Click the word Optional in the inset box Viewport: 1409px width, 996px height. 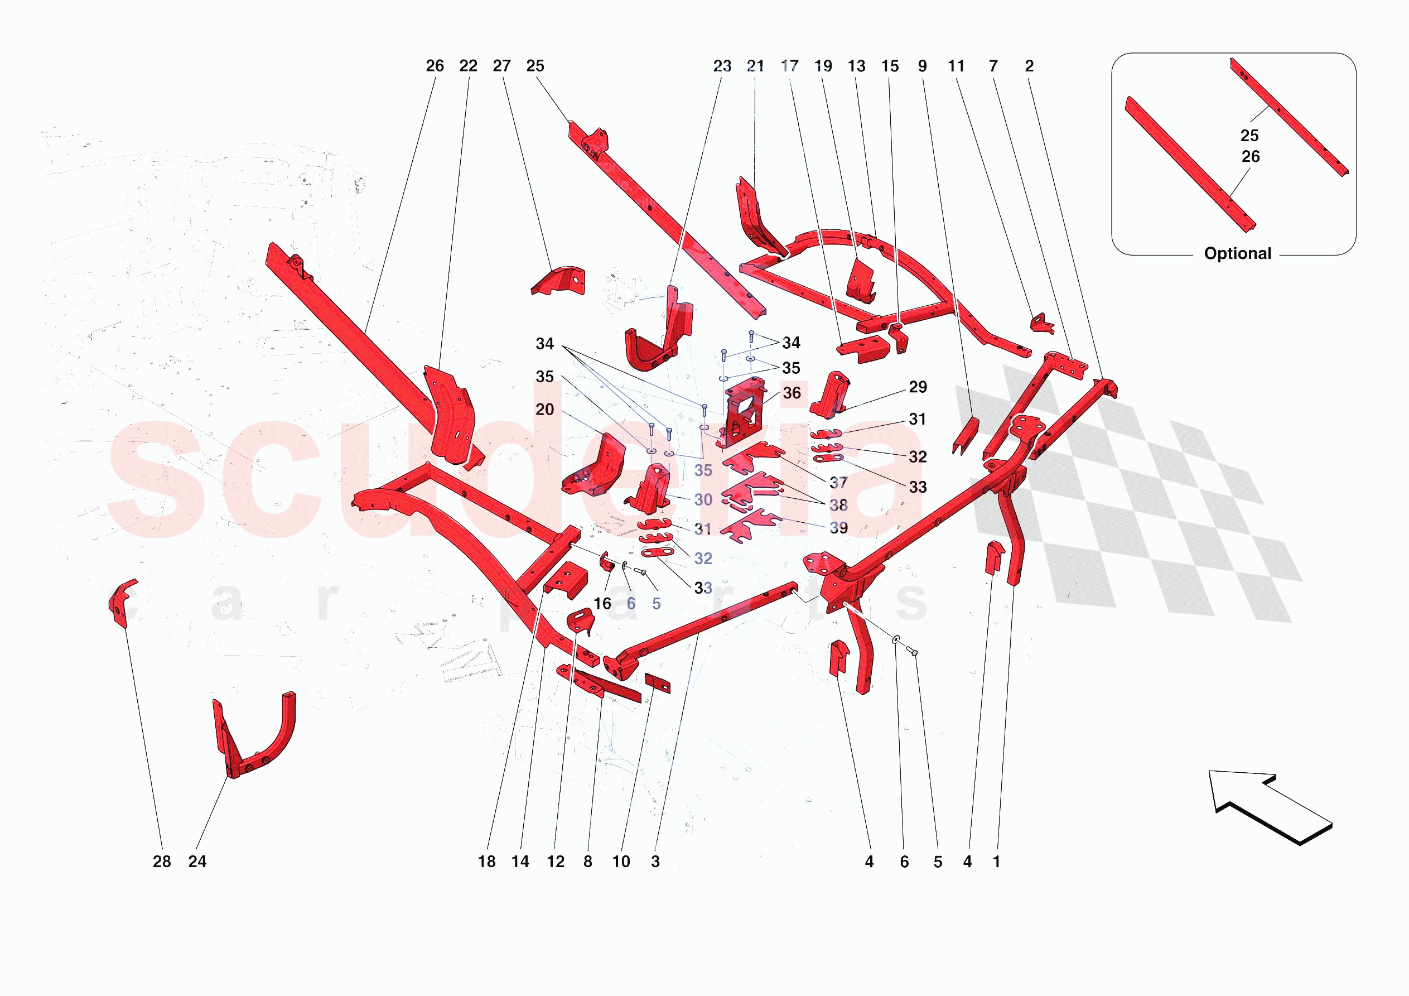tap(1237, 254)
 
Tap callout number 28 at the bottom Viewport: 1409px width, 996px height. tap(162, 862)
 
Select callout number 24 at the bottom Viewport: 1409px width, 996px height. tap(197, 862)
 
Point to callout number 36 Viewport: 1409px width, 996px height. tap(792, 393)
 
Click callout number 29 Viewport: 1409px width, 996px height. tap(918, 387)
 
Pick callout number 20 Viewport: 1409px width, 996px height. tap(545, 410)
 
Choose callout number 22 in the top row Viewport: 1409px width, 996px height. tap(468, 66)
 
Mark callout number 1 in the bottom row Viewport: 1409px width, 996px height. tap(997, 862)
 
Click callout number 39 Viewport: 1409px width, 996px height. tap(839, 527)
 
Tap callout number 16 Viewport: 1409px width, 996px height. tap(602, 604)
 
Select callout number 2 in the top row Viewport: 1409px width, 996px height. tap(1029, 66)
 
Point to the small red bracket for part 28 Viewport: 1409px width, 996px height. tap(122, 602)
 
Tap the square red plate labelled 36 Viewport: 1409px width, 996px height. tap(744, 413)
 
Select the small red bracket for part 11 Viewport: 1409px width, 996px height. tap(1042, 324)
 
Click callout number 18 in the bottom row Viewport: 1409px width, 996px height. tap(486, 862)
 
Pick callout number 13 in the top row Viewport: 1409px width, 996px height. tap(857, 66)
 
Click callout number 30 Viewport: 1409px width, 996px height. tap(703, 500)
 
